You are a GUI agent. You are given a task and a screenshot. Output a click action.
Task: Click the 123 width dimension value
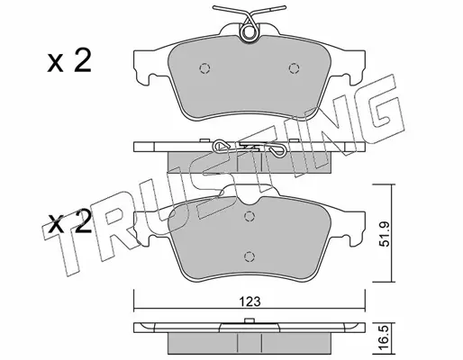tap(250, 301)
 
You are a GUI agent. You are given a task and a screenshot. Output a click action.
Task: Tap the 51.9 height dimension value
tap(385, 234)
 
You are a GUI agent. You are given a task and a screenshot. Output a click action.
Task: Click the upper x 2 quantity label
tap(69, 61)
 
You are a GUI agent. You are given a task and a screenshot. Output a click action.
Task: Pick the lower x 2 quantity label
tap(69, 222)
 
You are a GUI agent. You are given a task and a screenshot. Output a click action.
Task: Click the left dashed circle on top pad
tap(204, 68)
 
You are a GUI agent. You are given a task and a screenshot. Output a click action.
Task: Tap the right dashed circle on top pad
tap(294, 68)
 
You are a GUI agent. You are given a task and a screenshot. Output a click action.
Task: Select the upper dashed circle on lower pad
tap(249, 216)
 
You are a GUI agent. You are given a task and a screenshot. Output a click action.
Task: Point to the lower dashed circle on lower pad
tap(249, 256)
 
